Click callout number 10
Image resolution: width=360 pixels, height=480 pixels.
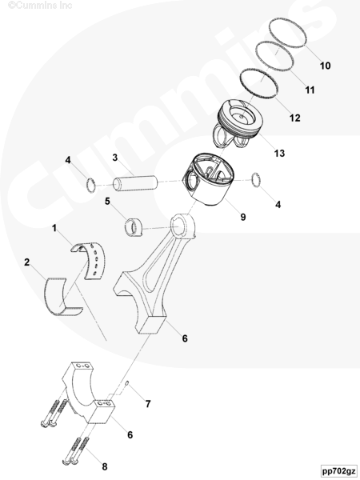[325, 66]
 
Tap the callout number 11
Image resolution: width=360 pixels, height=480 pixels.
[310, 90]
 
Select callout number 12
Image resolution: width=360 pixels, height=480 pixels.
[294, 118]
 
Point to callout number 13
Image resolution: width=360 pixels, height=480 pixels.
[279, 153]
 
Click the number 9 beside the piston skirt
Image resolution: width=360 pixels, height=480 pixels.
[243, 217]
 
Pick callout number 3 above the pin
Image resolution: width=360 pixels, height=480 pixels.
[114, 158]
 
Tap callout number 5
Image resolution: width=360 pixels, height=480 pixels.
[107, 202]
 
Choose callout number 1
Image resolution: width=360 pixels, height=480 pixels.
[54, 228]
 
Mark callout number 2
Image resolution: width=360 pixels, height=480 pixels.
[27, 262]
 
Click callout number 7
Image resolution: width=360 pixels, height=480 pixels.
[148, 404]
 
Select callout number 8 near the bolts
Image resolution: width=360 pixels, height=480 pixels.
[105, 467]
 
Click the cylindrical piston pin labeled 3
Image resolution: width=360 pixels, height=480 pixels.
[135, 184]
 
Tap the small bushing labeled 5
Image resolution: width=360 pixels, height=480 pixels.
[134, 227]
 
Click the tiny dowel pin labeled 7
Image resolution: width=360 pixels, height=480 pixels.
[128, 382]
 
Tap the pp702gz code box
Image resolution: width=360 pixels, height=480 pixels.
[339, 470]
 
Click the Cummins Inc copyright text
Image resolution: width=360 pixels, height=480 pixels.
[40, 6]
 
